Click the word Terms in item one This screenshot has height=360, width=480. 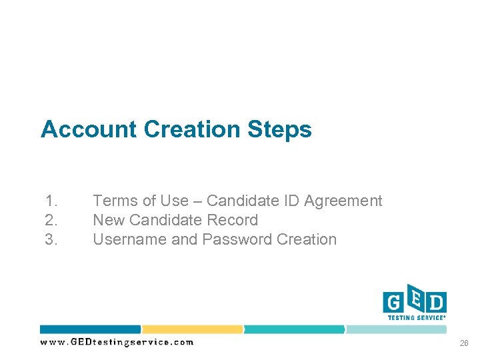113,201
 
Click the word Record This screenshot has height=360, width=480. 233,220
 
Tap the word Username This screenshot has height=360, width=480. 129,239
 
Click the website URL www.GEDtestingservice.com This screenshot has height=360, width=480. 117,342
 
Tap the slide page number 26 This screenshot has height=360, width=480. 463,343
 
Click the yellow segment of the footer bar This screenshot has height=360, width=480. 192,329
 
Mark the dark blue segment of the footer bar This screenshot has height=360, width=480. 90,329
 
